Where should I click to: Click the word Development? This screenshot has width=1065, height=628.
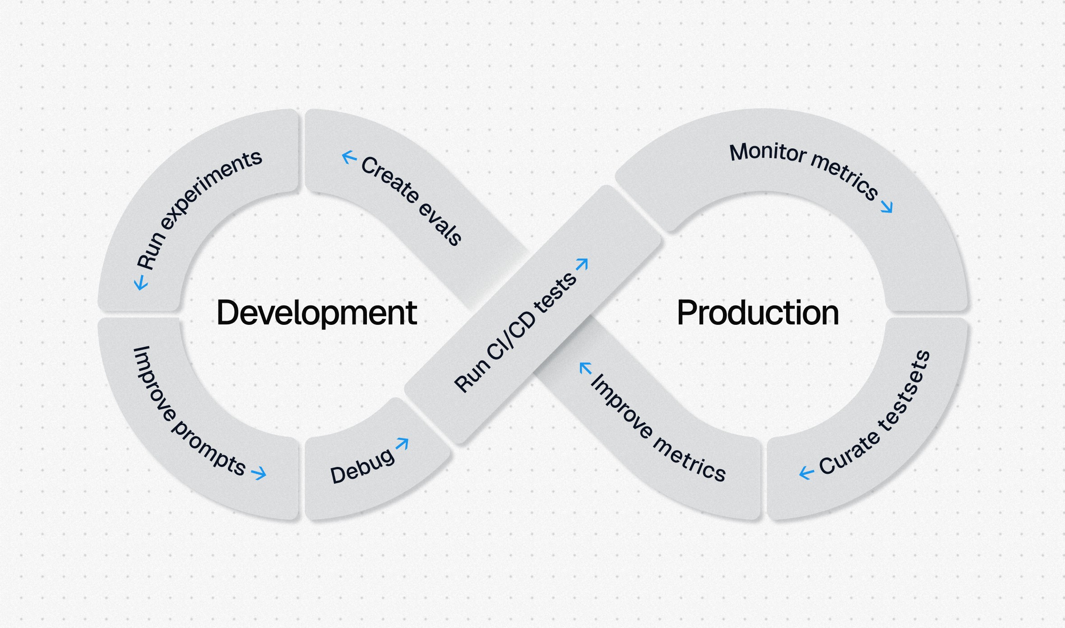pyautogui.click(x=317, y=313)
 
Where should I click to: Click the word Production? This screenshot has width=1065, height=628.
pyautogui.click(x=758, y=313)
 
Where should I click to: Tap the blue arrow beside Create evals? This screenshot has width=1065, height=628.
pyautogui.click(x=349, y=157)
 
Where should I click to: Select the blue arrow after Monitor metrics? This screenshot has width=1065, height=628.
pyautogui.click(x=887, y=207)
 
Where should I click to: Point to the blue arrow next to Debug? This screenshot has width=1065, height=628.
pyautogui.click(x=402, y=444)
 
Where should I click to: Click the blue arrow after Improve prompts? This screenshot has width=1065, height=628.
pyautogui.click(x=259, y=473)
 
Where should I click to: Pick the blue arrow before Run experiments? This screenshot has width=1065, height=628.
pyautogui.click(x=141, y=283)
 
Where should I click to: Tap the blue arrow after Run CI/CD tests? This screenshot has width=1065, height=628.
pyautogui.click(x=582, y=264)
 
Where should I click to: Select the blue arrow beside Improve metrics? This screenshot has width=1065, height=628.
pyautogui.click(x=585, y=369)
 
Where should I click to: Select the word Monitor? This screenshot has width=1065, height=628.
pyautogui.click(x=768, y=152)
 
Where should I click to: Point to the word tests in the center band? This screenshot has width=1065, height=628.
pyautogui.click(x=556, y=293)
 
